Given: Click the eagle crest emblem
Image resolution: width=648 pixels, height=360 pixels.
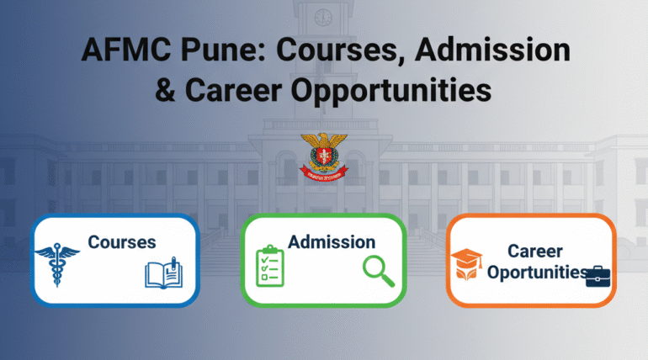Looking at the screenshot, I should coord(323,155).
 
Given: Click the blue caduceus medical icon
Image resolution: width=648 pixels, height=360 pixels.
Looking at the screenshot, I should coord(58,260).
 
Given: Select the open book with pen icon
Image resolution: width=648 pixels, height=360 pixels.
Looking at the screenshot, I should coord(163,273).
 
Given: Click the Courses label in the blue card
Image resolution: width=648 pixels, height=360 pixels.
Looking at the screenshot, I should coord(122,242).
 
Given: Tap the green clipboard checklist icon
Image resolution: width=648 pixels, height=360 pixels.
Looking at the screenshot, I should coord(270,266).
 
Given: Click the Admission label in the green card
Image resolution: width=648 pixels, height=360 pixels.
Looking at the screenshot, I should coord(332,242).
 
